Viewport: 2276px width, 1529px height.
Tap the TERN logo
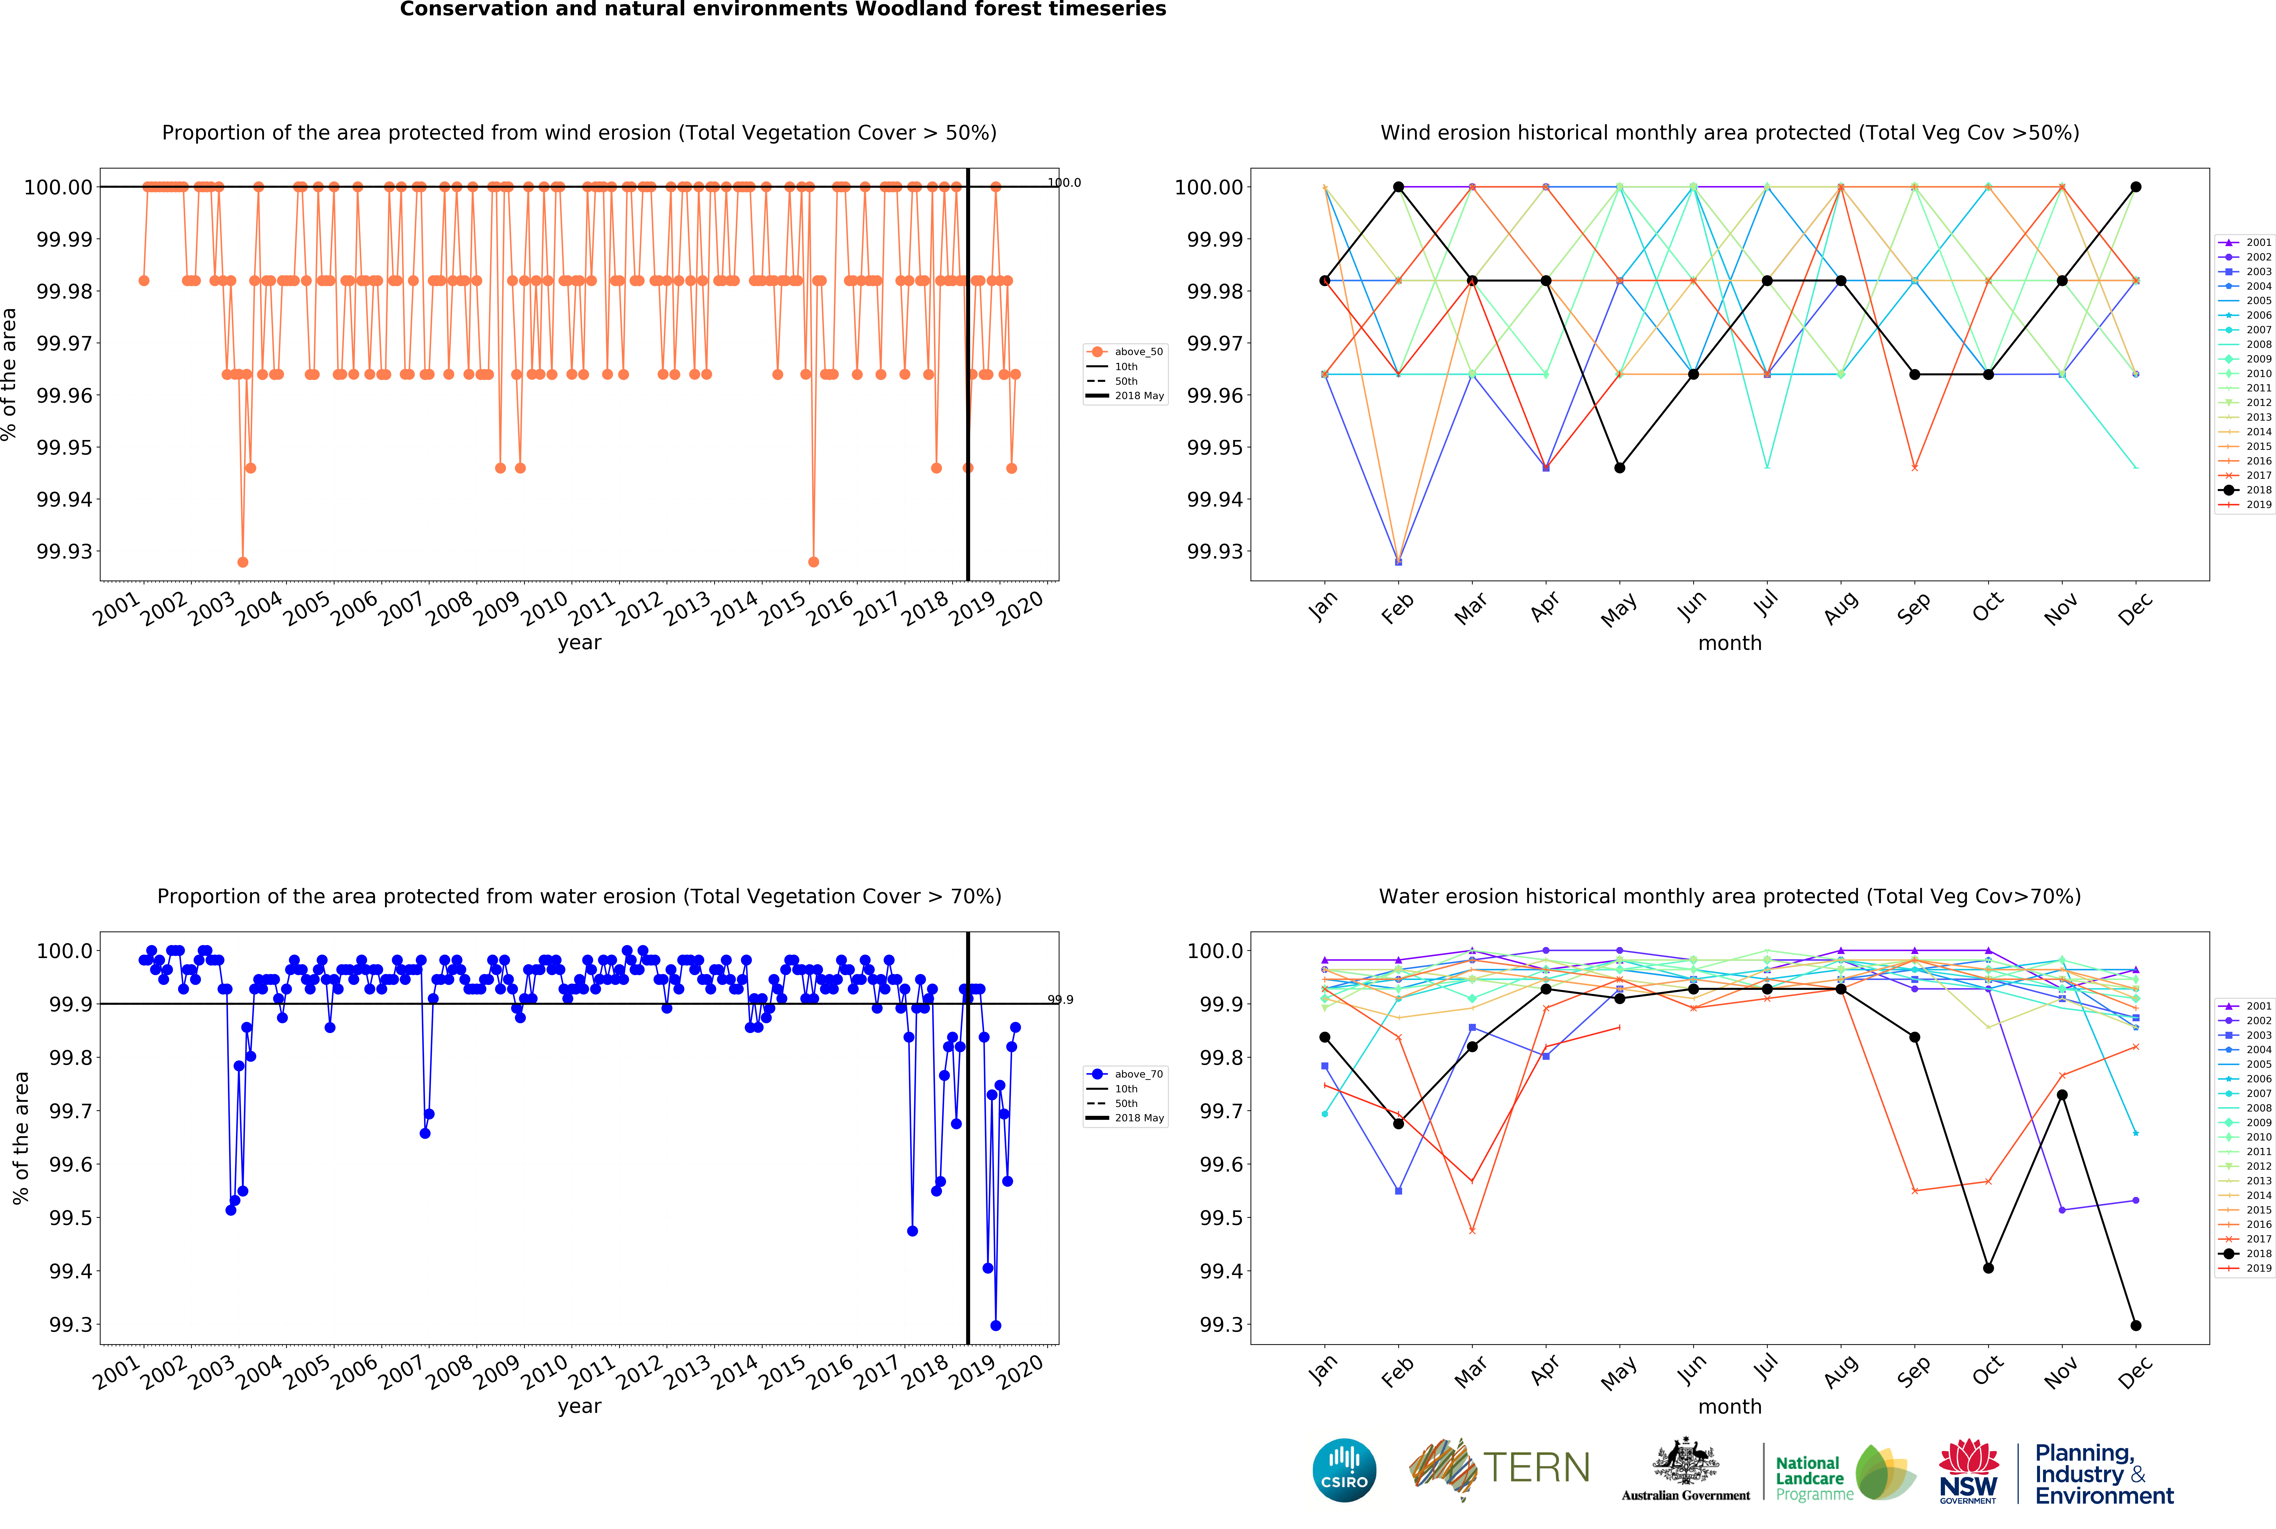1500,1467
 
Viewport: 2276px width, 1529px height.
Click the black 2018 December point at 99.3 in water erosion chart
2136,1325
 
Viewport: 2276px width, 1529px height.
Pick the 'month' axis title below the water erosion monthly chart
1730,1406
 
